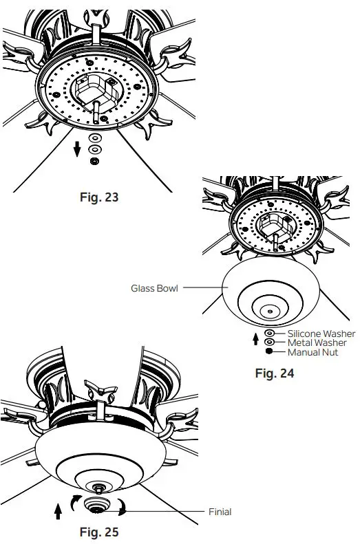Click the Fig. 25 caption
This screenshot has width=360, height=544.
tap(98, 532)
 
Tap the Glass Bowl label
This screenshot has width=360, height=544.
tap(154, 288)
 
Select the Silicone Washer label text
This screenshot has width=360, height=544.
tap(317, 333)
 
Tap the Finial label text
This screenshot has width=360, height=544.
tap(220, 512)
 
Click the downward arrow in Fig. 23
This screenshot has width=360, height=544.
tap(78, 146)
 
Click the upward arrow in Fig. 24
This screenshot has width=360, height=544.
tap(256, 338)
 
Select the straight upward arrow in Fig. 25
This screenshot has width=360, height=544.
tap(57, 511)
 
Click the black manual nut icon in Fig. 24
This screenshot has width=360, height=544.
tap(269, 351)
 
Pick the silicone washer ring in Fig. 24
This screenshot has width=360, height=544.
tap(269, 333)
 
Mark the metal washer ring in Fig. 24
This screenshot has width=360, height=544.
tap(269, 342)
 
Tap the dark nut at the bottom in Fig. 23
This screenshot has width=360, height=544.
tap(94, 160)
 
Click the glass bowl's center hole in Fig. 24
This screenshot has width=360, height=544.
tap(268, 312)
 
